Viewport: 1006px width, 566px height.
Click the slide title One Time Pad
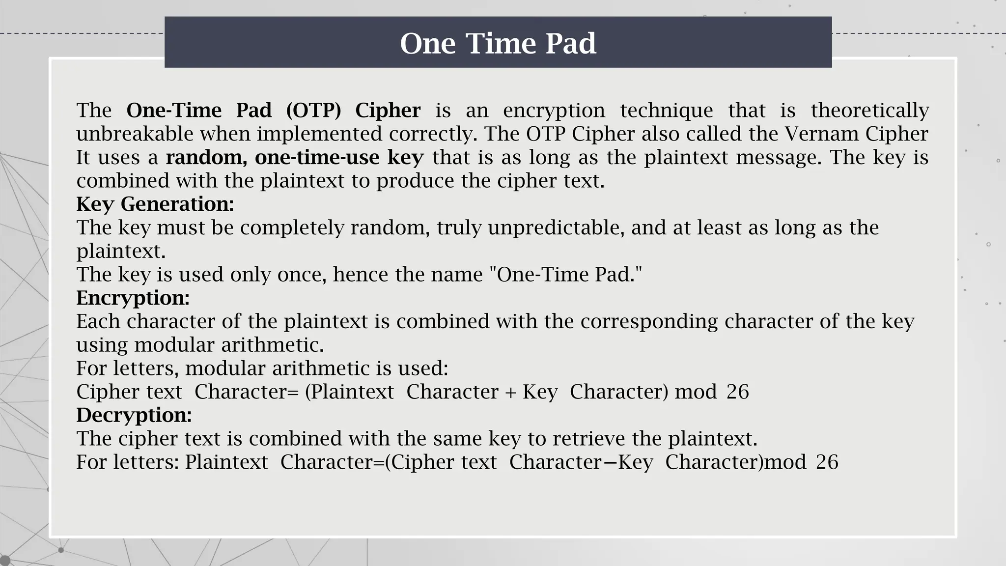tap(498, 43)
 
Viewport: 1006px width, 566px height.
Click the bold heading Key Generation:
tap(155, 204)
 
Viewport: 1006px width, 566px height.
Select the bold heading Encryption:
tap(133, 298)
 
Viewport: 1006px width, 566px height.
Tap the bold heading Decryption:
tap(134, 415)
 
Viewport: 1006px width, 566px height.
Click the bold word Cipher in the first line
tap(388, 110)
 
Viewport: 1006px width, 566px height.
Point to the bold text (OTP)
tap(313, 110)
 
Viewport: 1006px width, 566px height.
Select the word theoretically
tap(869, 110)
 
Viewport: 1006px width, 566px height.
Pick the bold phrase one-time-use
tap(317, 157)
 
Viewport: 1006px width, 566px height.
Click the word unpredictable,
tap(556, 227)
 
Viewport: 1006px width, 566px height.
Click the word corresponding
tap(649, 321)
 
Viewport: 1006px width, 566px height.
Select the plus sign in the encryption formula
tap(510, 393)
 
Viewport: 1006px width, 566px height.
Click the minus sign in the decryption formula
tap(610, 463)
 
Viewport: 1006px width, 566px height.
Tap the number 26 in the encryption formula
tap(737, 392)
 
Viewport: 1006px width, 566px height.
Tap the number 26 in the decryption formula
tap(827, 462)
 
